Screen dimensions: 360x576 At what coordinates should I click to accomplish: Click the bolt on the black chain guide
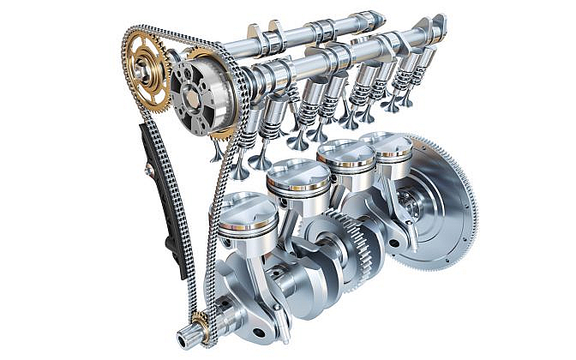click(149, 171)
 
